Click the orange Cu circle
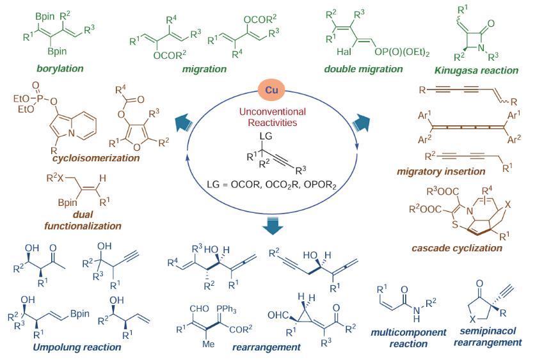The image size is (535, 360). pos(267,90)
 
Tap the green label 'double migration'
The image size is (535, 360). pos(362,68)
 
